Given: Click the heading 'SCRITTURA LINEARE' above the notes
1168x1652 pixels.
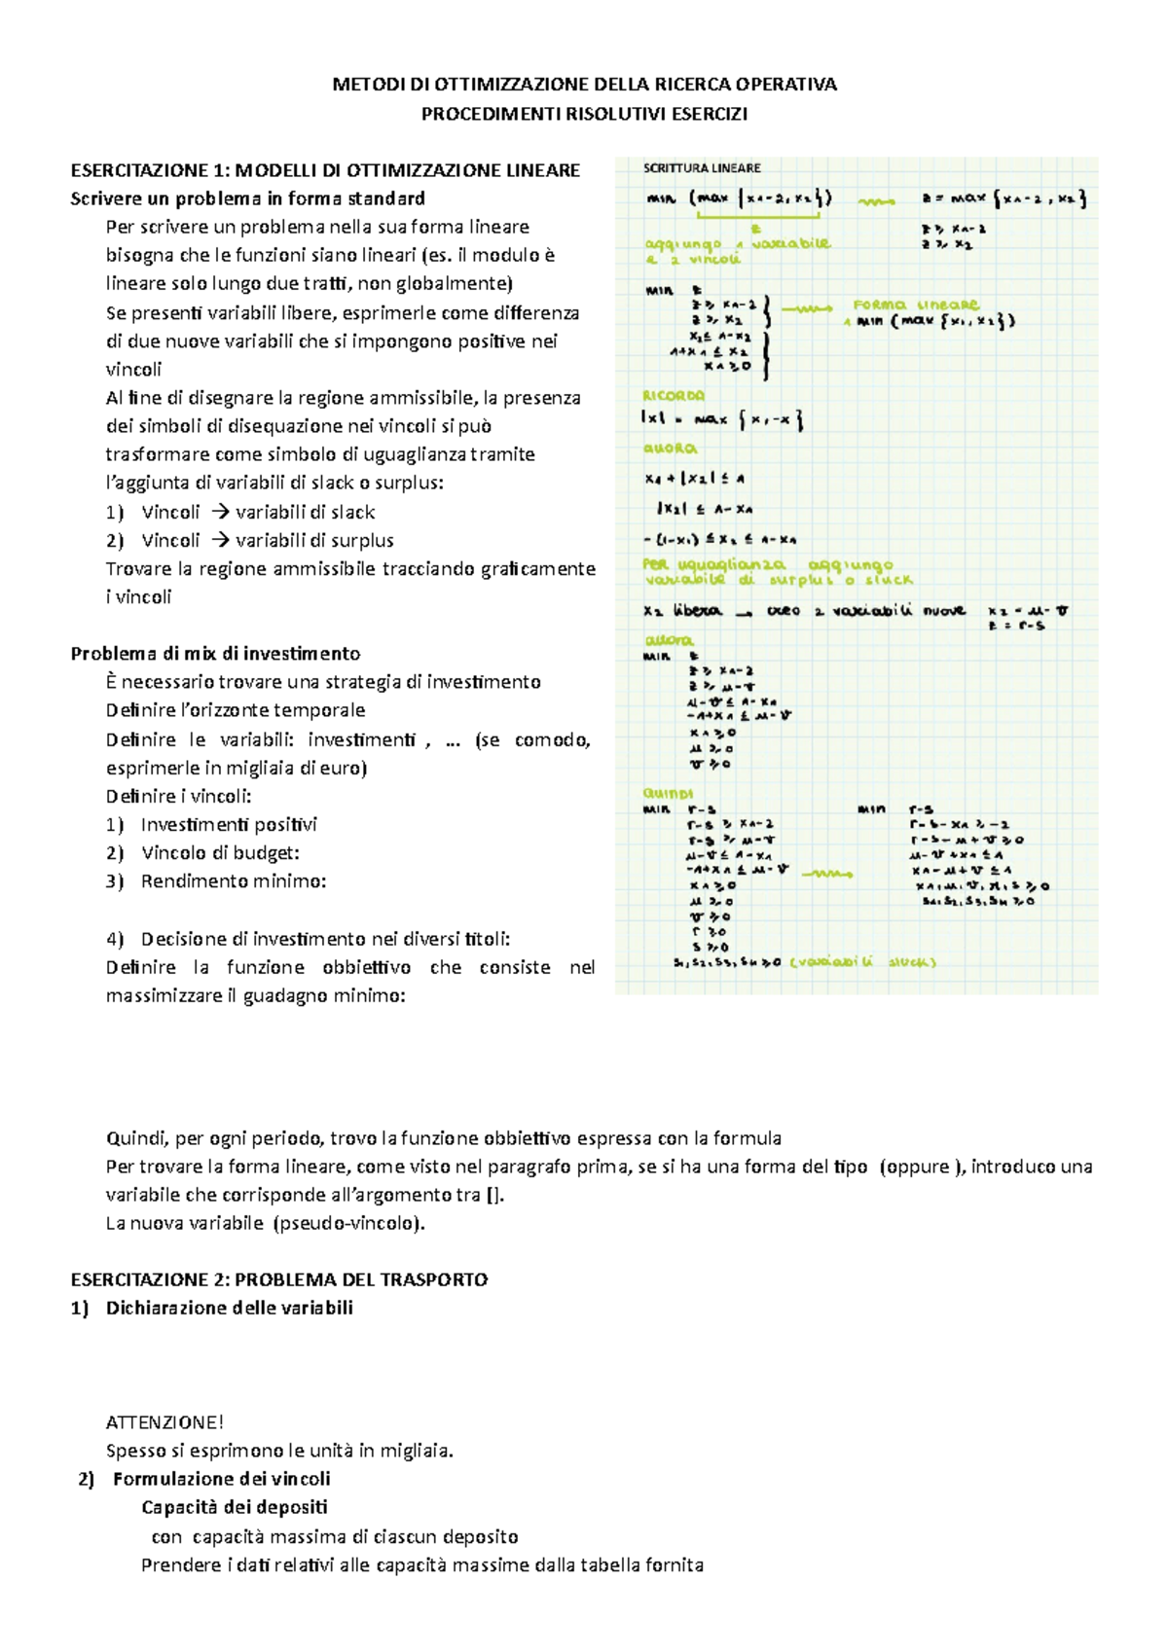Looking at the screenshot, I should point(701,168).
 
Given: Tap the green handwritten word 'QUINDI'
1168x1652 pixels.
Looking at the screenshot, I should point(668,793).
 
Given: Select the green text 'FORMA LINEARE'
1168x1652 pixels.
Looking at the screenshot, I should point(915,305).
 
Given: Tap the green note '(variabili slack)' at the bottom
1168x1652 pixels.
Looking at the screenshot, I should point(862,962).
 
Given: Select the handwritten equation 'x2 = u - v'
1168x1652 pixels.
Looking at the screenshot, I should point(1027,611).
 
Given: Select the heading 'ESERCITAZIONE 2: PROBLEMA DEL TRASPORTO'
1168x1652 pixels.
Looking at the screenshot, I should point(278,1279).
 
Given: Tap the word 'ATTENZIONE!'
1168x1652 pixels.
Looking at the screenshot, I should point(164,1421).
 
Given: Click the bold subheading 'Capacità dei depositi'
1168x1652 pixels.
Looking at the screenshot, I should point(234,1507).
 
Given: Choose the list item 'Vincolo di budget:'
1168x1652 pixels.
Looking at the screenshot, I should point(220,852).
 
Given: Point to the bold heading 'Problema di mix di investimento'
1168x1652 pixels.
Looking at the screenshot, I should point(215,653).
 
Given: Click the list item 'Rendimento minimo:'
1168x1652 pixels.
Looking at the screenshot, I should point(233,880).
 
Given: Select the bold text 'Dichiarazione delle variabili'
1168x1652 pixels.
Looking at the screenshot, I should point(229,1308).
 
